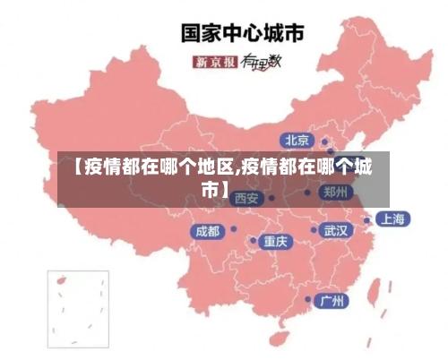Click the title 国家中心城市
pos(242,34)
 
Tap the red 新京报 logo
pos(216,62)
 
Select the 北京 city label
pos(297,140)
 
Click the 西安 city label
pos(246,198)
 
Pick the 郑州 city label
pos(336,192)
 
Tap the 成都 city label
pos(207,231)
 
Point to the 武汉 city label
pos(336,230)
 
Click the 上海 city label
pos(391,219)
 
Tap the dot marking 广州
pos(308,299)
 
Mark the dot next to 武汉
pos(314,230)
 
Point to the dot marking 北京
pos(324,141)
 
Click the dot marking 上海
pos(367,219)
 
